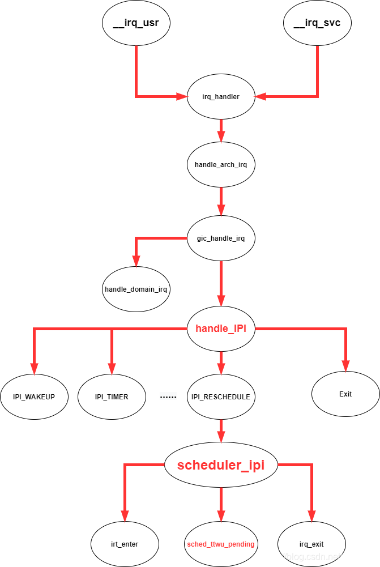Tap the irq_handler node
[x=221, y=97]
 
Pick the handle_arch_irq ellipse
[x=221, y=165]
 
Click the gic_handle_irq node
[x=221, y=238]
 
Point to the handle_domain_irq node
[x=136, y=289]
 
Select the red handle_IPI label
[x=221, y=329]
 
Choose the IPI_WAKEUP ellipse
[x=34, y=397]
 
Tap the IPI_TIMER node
[x=112, y=397]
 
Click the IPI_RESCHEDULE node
[x=221, y=397]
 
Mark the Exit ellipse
[x=345, y=394]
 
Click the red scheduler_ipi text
[x=221, y=466]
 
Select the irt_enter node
[x=125, y=544]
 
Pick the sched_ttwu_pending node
[x=221, y=544]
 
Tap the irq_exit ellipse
[x=311, y=544]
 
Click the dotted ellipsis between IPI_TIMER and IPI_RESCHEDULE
[x=168, y=397]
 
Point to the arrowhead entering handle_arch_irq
[x=221, y=137]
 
